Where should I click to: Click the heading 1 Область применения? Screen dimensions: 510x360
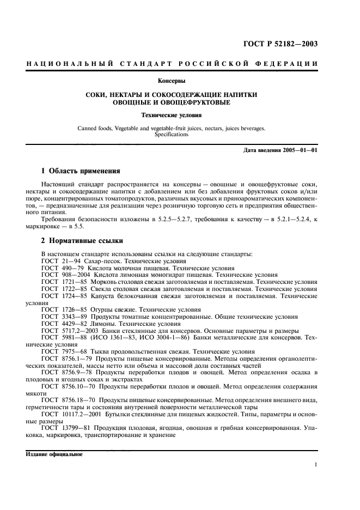point(81,171)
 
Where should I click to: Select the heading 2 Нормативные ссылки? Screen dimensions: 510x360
point(82,240)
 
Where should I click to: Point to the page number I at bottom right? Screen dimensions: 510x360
point(316,465)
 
